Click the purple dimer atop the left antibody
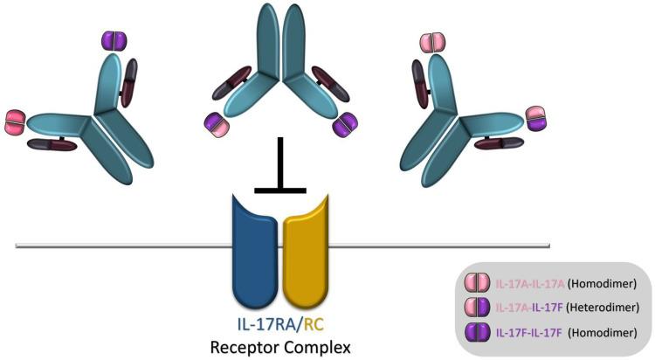(x=114, y=40)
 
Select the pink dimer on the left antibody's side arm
(x=15, y=121)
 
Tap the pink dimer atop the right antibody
(x=431, y=42)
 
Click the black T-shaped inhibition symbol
(x=279, y=166)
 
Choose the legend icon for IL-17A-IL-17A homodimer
(x=477, y=284)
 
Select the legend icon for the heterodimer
(x=477, y=308)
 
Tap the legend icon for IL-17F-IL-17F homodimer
(x=477, y=332)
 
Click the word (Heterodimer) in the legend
(x=607, y=308)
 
